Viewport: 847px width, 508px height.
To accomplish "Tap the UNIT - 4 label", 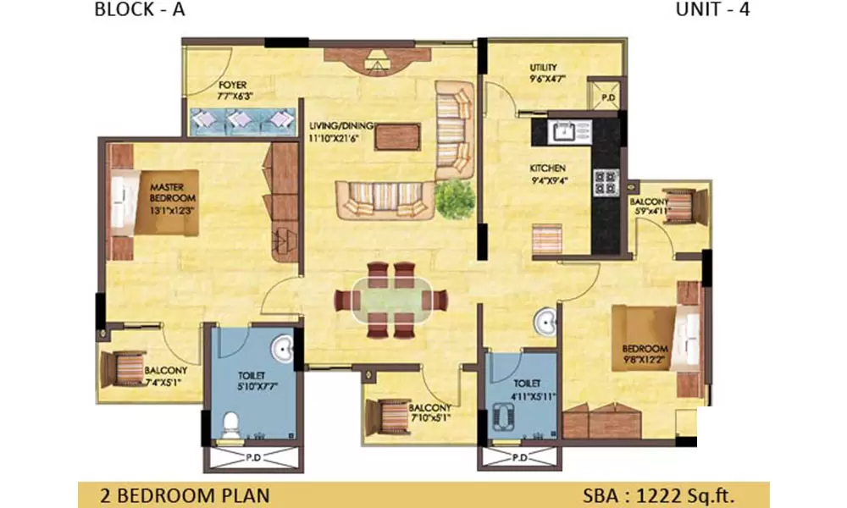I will click(712, 11).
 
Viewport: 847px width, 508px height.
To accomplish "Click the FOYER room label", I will click(231, 86).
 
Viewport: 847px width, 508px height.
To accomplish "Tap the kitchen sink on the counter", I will click(562, 130).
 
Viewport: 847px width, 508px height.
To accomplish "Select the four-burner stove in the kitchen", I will click(606, 182).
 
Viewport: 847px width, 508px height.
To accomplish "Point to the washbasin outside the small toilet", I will click(545, 323).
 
